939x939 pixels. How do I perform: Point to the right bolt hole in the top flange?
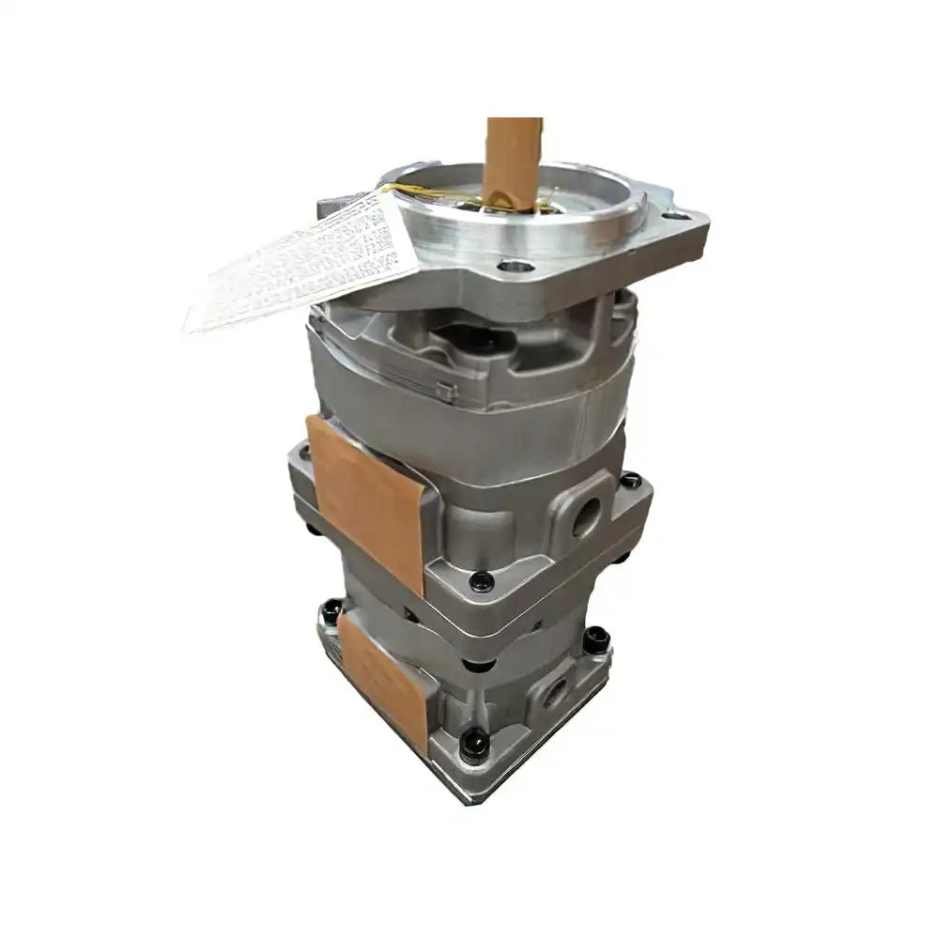click(x=679, y=217)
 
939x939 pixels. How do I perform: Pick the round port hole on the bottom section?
click(x=556, y=694)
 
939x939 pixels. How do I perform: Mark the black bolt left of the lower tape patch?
click(x=331, y=612)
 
